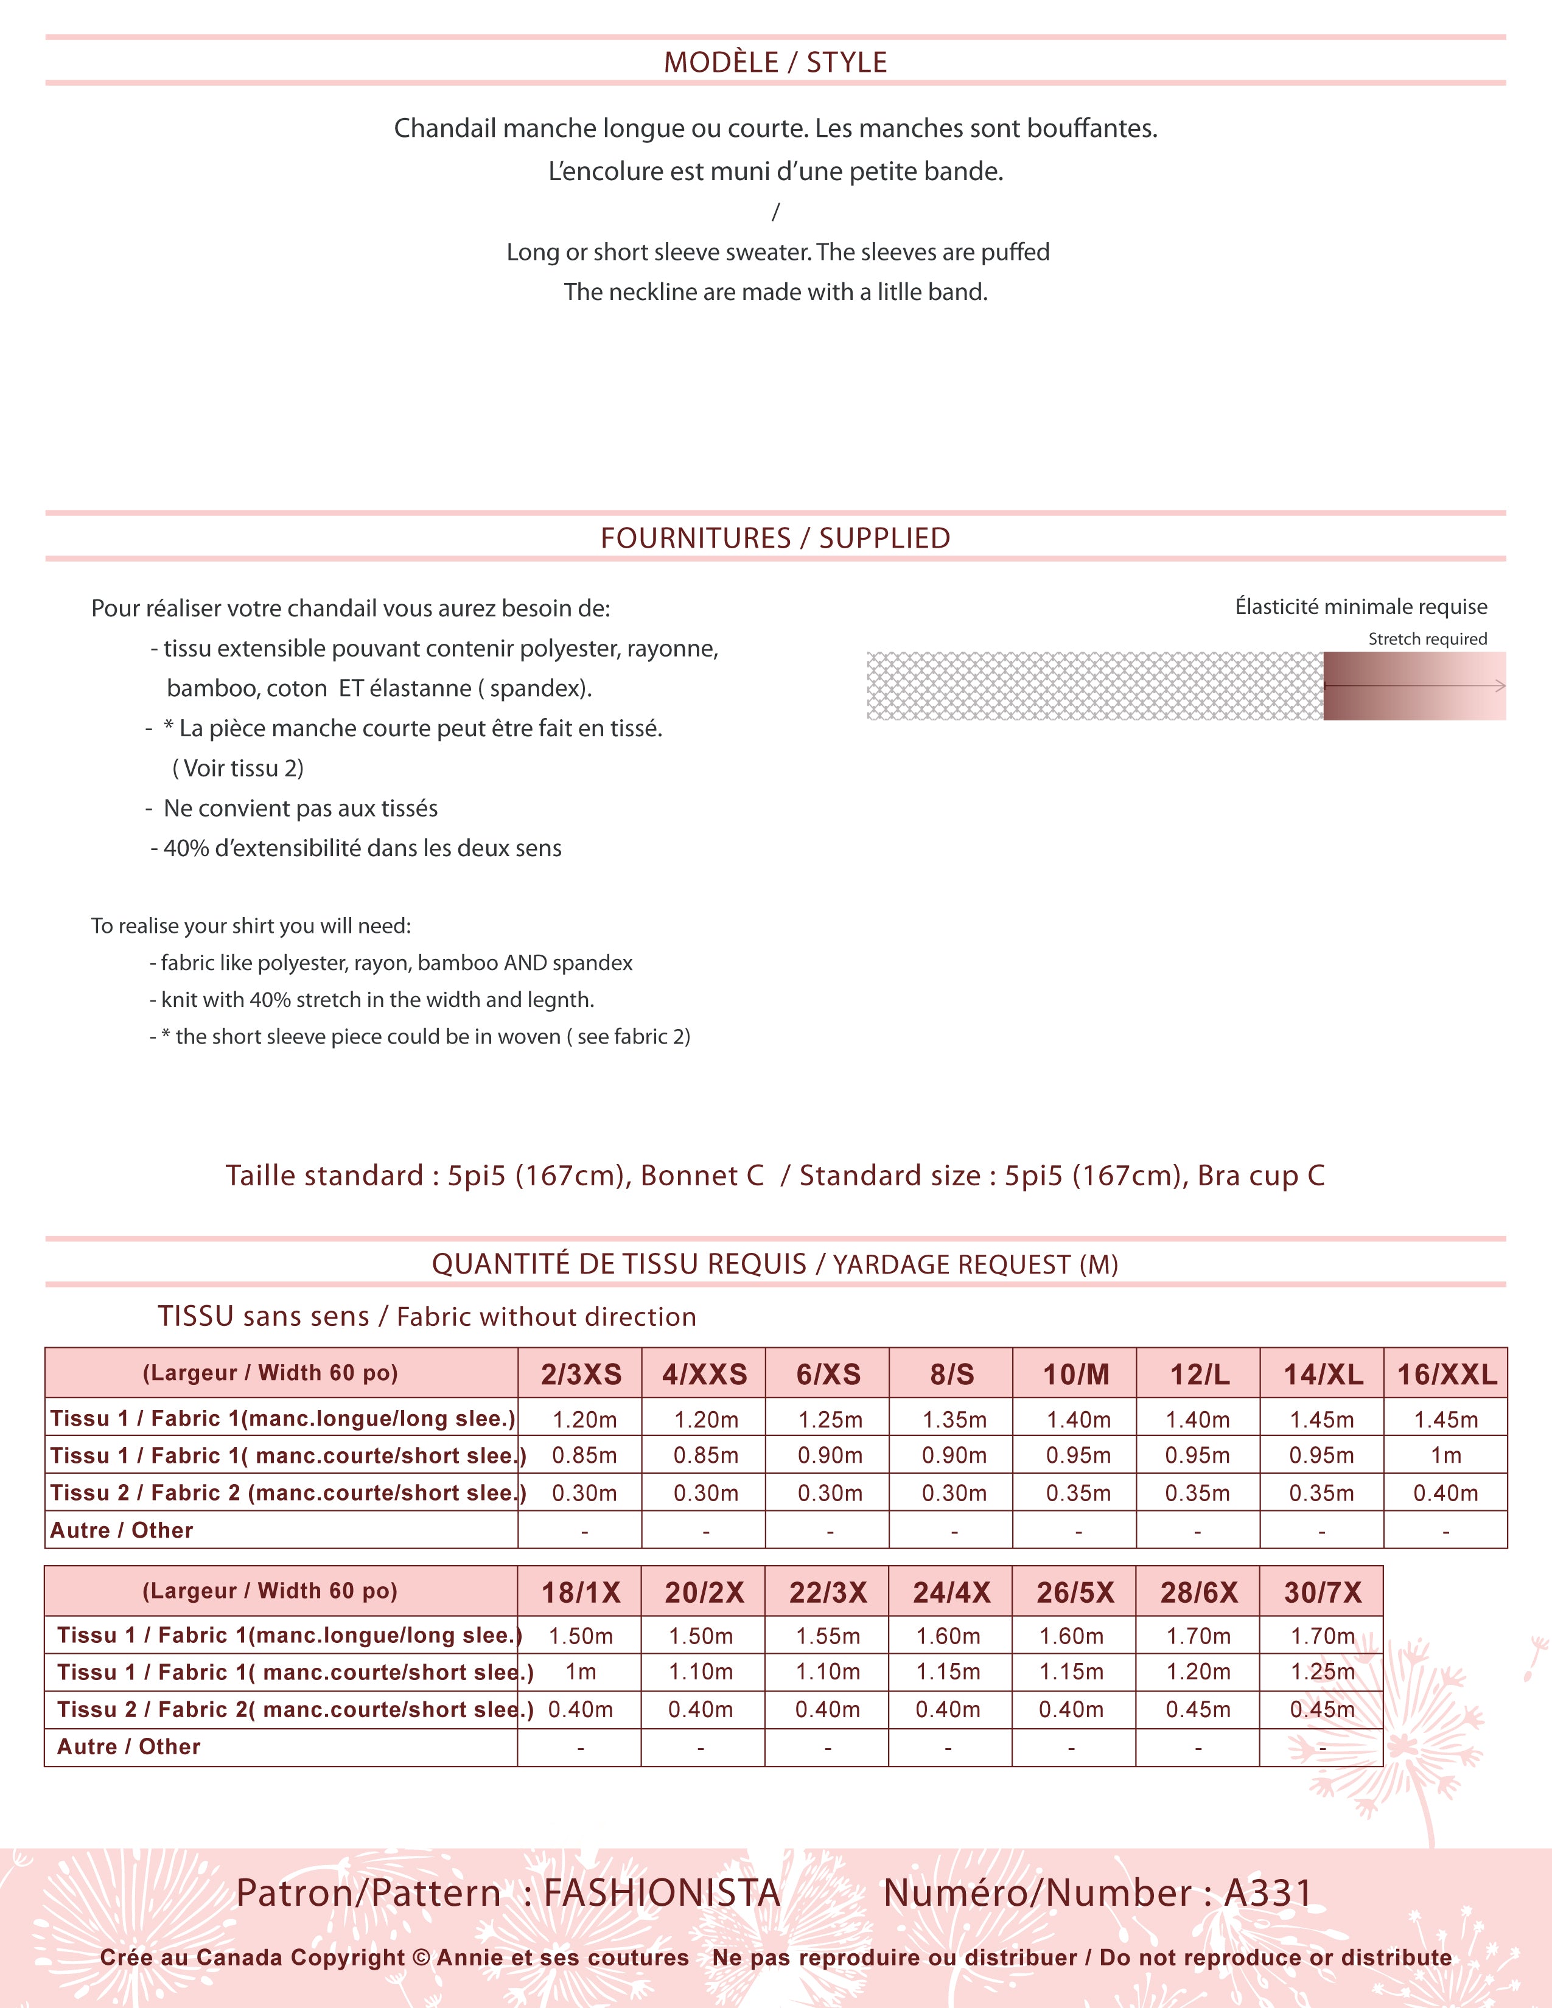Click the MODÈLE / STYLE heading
(x=775, y=63)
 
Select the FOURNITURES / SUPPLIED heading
(x=775, y=538)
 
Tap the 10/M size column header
(x=1075, y=1375)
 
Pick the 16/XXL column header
(x=1446, y=1375)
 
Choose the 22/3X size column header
(x=828, y=1592)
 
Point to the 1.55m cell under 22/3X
(x=828, y=1636)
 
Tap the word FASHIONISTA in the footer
(x=662, y=1893)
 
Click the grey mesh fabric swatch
(x=1094, y=686)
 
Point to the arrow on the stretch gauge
(x=1498, y=686)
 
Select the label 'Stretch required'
(x=1427, y=639)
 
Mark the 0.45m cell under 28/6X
(x=1197, y=1709)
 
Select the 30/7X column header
(x=1322, y=1592)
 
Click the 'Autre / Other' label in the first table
(x=121, y=1530)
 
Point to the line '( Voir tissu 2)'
(x=237, y=769)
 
